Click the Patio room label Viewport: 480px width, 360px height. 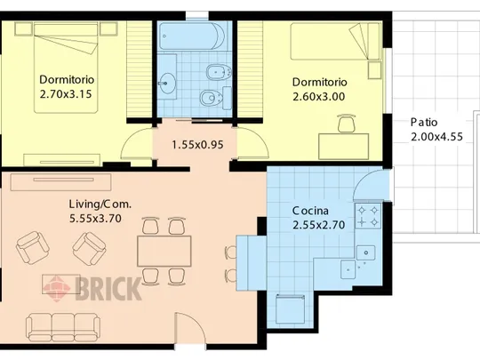[x=424, y=123]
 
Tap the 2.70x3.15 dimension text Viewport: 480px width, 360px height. [x=66, y=94]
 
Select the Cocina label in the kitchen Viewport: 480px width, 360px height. [x=310, y=211]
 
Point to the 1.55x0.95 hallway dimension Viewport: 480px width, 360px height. [x=197, y=145]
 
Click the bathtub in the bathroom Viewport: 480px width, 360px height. [x=192, y=36]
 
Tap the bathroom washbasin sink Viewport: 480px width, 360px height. [x=167, y=84]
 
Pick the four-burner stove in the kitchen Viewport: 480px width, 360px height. [x=368, y=216]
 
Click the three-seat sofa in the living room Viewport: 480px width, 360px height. [x=63, y=327]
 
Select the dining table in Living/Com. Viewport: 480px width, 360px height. [x=164, y=251]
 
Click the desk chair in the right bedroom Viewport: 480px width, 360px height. [x=347, y=124]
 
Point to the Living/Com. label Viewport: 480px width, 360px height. [x=100, y=204]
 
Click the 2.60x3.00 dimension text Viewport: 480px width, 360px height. [x=319, y=97]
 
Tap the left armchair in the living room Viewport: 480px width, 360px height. [x=33, y=248]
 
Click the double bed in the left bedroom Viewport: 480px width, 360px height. [x=66, y=68]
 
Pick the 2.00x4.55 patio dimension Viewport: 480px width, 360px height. [x=436, y=137]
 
